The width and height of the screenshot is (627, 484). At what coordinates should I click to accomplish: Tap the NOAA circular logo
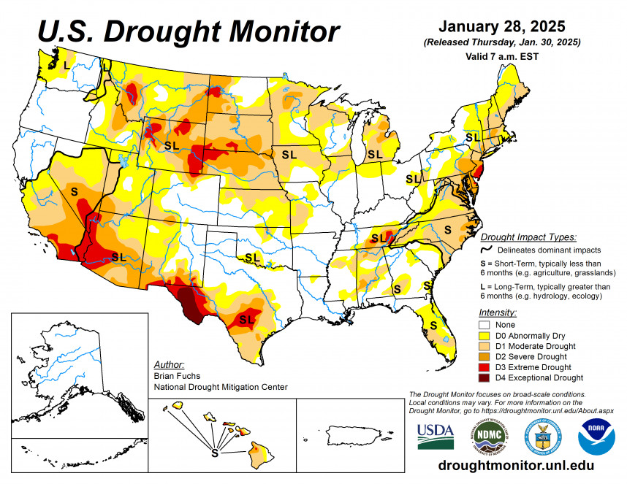pyautogui.click(x=596, y=436)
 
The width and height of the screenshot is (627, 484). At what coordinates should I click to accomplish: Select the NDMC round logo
pyautogui.click(x=488, y=436)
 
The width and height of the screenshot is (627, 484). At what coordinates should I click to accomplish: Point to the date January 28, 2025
pyautogui.click(x=502, y=27)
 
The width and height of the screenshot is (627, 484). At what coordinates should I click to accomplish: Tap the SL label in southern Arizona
pyautogui.click(x=119, y=257)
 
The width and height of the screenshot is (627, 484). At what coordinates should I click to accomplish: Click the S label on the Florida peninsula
pyautogui.click(x=433, y=324)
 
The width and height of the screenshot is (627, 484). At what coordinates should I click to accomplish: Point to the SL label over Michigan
pyautogui.click(x=375, y=154)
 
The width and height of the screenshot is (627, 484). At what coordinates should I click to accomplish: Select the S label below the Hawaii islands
pyautogui.click(x=214, y=453)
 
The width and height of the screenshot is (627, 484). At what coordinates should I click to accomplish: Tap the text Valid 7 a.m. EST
pyautogui.click(x=501, y=55)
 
